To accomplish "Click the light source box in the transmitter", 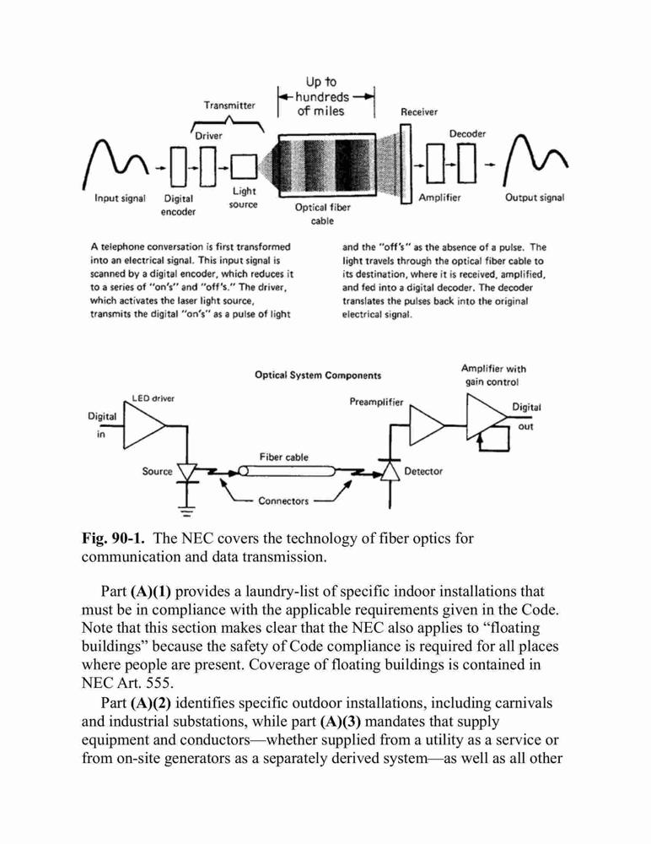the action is [x=244, y=167].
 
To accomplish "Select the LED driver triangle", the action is [x=144, y=425].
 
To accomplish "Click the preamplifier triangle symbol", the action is [x=428, y=425].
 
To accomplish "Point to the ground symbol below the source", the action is [x=186, y=510].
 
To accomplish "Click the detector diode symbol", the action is [x=390, y=471].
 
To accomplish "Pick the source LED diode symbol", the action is [x=187, y=473].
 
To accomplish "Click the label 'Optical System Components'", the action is [x=318, y=376].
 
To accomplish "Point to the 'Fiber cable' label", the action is [x=283, y=457].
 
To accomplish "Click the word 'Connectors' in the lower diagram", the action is [x=283, y=500].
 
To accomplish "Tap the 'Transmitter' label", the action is [x=229, y=105].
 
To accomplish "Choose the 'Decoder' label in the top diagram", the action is [x=467, y=133].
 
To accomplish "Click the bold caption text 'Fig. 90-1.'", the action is [x=113, y=538].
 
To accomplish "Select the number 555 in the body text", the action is [x=159, y=683].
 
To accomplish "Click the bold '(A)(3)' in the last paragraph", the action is [x=340, y=722].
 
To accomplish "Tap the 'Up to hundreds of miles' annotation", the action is [x=322, y=96].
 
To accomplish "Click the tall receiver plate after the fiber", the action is [x=406, y=165].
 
